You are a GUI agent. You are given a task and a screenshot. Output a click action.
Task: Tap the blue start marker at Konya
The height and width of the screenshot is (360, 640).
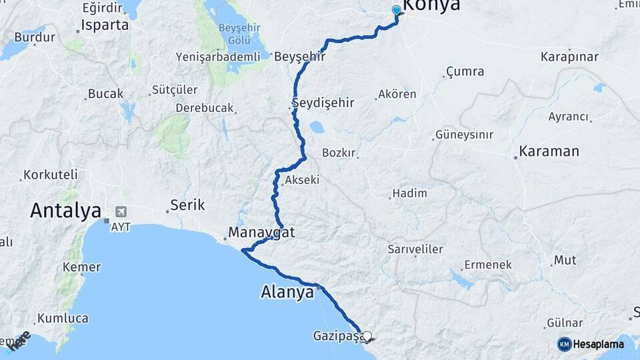pyautogui.click(x=397, y=10)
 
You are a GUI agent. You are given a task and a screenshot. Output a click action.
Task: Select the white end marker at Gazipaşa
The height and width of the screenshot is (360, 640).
pyautogui.click(x=367, y=337)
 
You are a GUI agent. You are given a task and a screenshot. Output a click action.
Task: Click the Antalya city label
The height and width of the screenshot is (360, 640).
pyautogui.click(x=65, y=211)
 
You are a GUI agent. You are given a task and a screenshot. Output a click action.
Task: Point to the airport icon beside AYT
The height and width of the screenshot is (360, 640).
pyautogui.click(x=121, y=212)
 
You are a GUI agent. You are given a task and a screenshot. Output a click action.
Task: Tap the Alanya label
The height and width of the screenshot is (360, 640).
pyautogui.click(x=287, y=292)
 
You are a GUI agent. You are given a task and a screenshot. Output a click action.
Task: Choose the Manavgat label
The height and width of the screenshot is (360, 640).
pyautogui.click(x=261, y=233)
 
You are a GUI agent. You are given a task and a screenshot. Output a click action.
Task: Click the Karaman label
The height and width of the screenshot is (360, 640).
pyautogui.click(x=549, y=151)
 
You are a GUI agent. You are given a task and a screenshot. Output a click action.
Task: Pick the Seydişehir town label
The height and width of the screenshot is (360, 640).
pyautogui.click(x=323, y=103)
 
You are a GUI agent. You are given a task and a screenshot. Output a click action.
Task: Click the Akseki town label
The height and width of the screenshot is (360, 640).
pyautogui.click(x=302, y=180)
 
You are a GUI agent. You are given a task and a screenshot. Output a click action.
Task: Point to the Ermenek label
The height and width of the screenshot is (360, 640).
pyautogui.click(x=488, y=265)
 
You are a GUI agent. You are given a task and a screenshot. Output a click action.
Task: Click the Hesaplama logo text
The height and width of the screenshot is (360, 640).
pyautogui.click(x=598, y=344)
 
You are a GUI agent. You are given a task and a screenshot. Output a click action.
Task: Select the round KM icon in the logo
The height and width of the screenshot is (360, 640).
pyautogui.click(x=564, y=344)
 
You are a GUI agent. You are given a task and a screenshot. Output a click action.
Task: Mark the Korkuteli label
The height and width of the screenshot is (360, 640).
pyautogui.click(x=51, y=175)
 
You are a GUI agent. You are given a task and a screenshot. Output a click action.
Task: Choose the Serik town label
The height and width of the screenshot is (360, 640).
pyautogui.click(x=187, y=205)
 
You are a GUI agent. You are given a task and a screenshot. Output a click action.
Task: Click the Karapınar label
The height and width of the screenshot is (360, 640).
pyautogui.click(x=569, y=56)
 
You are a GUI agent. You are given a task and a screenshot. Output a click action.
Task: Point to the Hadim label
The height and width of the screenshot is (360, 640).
pyautogui.click(x=409, y=193)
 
